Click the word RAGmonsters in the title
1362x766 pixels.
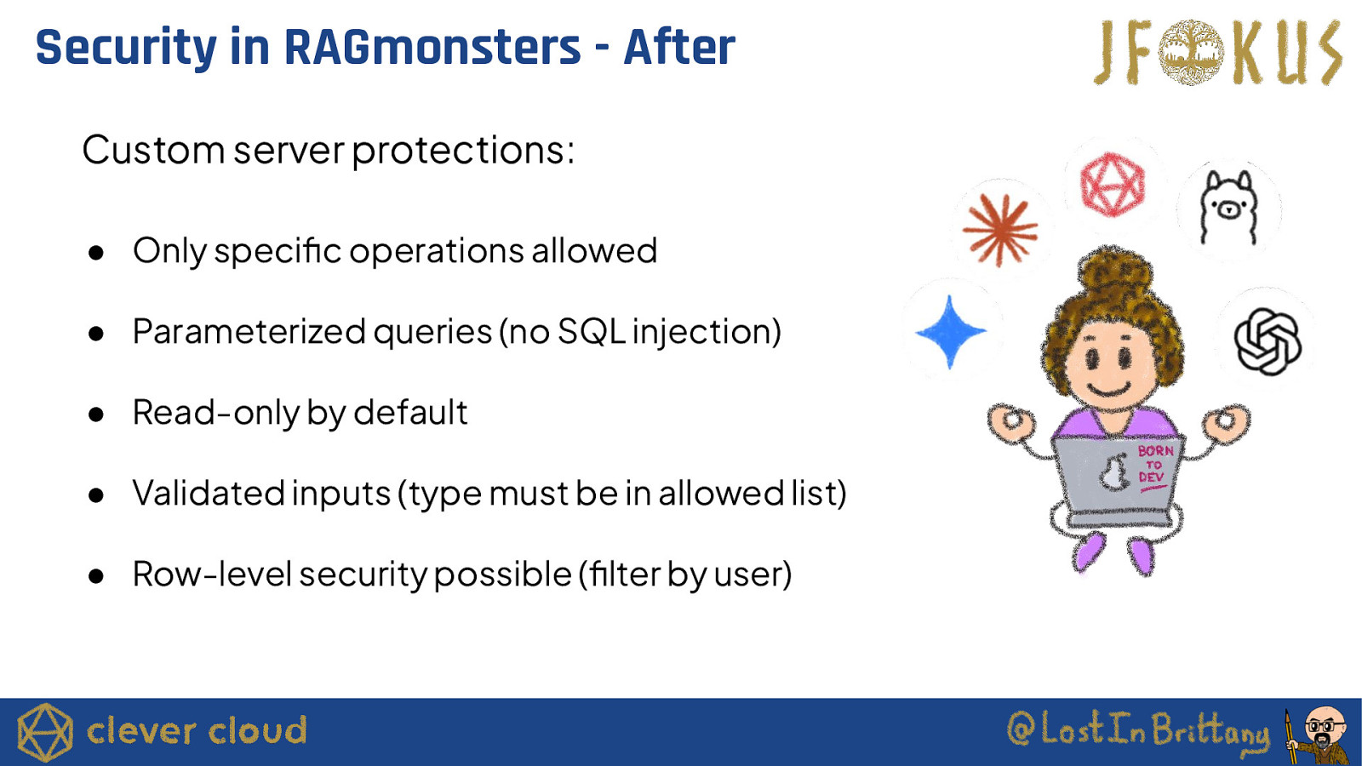pos(432,48)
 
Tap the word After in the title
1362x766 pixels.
pos(679,48)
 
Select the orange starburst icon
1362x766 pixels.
pos(1000,230)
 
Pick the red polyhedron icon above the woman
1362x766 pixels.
pos(1113,184)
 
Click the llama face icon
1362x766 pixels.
pos(1229,208)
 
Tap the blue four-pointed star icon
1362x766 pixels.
pos(950,332)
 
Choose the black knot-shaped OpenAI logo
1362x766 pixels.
pos(1268,341)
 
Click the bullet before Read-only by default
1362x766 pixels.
pos(96,414)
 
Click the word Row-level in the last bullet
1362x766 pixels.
pos(212,574)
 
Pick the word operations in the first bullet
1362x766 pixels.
pos(436,252)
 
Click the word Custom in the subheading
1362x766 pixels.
pos(153,150)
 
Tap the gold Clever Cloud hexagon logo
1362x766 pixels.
pos(44,732)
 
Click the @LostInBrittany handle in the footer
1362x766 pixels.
pos(1137,731)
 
